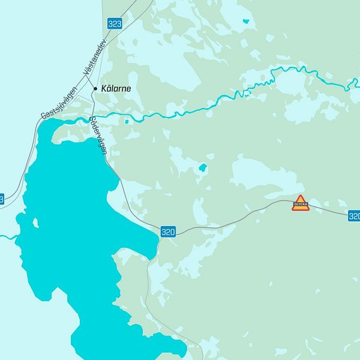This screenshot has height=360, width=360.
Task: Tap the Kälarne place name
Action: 115,88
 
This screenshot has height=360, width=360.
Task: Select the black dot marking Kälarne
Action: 95,88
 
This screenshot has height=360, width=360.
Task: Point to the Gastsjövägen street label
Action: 59,103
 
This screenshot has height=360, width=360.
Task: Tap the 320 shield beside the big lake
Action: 168,231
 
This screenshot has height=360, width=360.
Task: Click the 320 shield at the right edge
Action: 354,215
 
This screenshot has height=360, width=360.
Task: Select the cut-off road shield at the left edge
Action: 1,199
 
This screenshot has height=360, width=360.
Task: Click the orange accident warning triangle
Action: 301,201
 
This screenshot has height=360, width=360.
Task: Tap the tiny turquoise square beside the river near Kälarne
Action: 126,122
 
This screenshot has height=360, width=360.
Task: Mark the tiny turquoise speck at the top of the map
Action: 245,22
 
